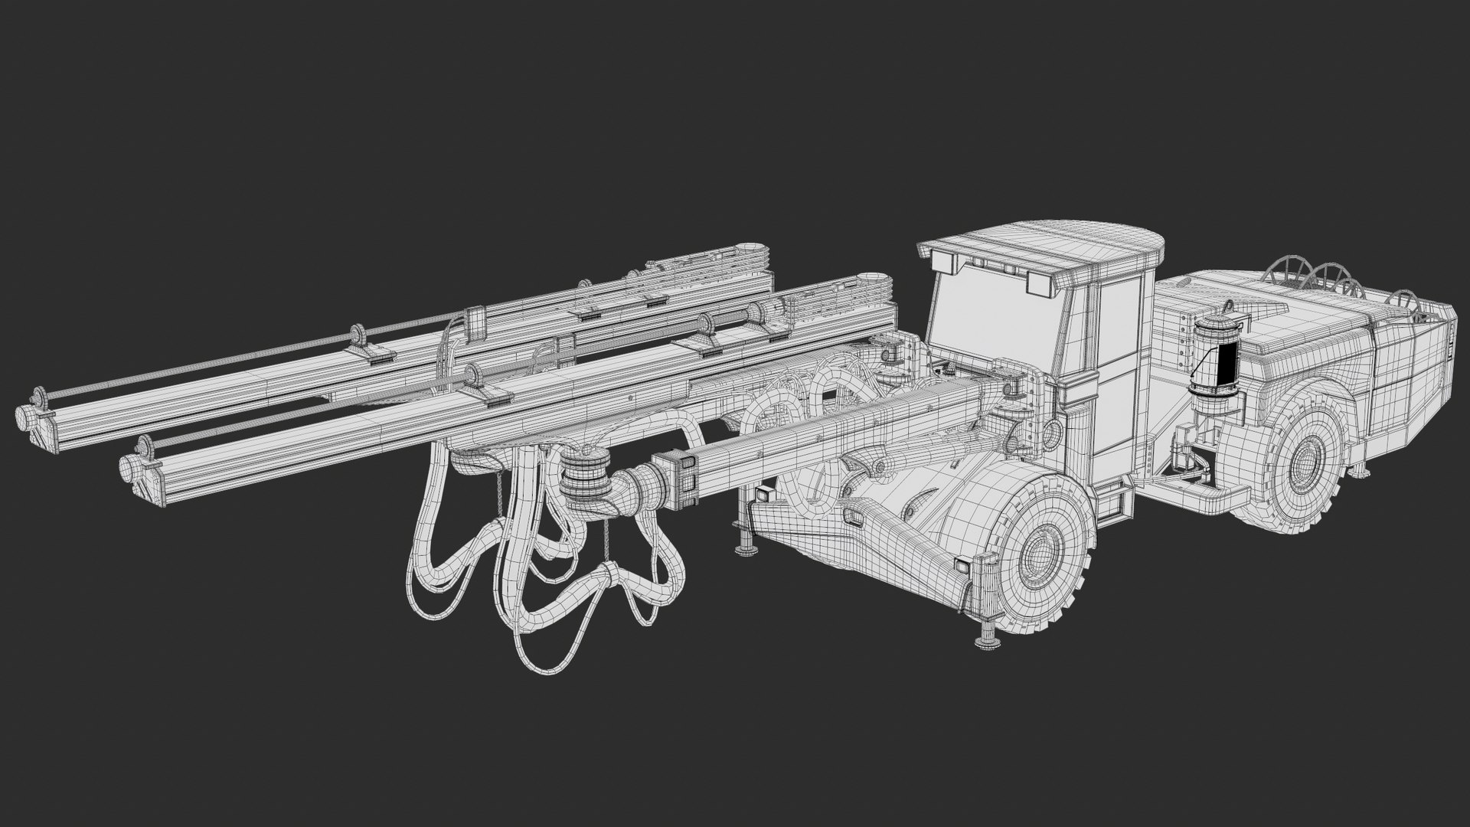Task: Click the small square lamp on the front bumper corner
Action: pos(962,567)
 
